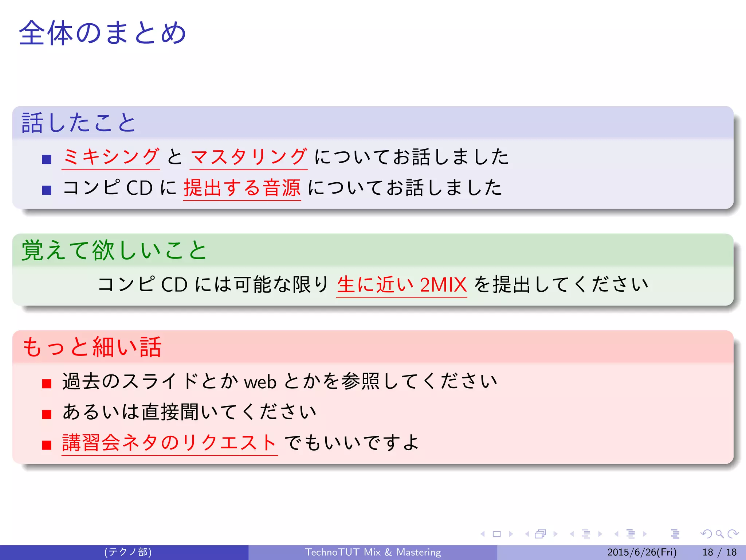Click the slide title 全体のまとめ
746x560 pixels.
(x=103, y=33)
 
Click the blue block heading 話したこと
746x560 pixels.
(x=79, y=122)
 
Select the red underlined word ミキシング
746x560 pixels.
(x=111, y=157)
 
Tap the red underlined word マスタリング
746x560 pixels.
(x=248, y=157)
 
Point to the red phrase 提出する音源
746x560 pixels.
(x=242, y=188)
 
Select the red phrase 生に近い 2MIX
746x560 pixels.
(x=401, y=285)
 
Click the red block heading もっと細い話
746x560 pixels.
(x=92, y=347)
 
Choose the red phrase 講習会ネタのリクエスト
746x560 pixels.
(x=169, y=443)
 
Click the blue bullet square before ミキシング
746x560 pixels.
(x=47, y=159)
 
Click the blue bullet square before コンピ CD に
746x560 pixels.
(x=47, y=190)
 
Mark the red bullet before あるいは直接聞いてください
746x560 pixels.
(x=47, y=414)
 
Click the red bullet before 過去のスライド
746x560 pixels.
(x=47, y=384)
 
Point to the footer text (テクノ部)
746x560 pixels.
(x=128, y=552)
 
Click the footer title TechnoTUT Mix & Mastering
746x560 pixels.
(x=373, y=552)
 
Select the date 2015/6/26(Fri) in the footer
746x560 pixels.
(x=642, y=552)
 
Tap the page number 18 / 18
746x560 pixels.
(x=719, y=552)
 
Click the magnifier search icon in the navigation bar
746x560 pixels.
(x=719, y=534)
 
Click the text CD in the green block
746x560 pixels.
(x=174, y=285)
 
